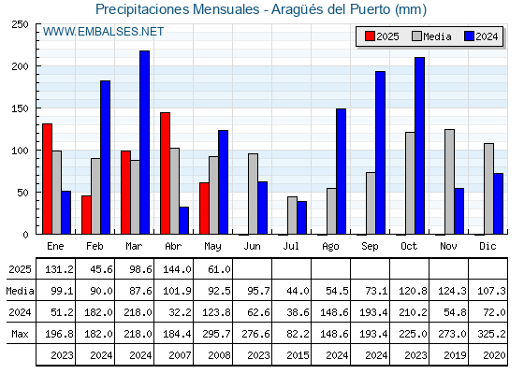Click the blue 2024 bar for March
[x=145, y=142]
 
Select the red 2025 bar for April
[x=165, y=173]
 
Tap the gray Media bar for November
[x=449, y=181]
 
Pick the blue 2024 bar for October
[x=420, y=146]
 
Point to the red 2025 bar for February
[x=86, y=215]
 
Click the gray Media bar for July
[x=292, y=215]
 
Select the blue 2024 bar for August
[x=342, y=171]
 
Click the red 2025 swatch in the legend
[x=370, y=36]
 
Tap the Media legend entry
[x=431, y=36]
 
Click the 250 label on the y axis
[x=20, y=24]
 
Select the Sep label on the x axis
[x=370, y=247]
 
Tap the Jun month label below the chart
[x=252, y=247]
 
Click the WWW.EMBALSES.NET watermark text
[x=103, y=32]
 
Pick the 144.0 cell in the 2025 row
[x=177, y=269]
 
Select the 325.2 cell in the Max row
[x=491, y=334]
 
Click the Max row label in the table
[x=20, y=334]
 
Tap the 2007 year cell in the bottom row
[x=180, y=355]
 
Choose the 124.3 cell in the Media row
[x=452, y=291]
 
